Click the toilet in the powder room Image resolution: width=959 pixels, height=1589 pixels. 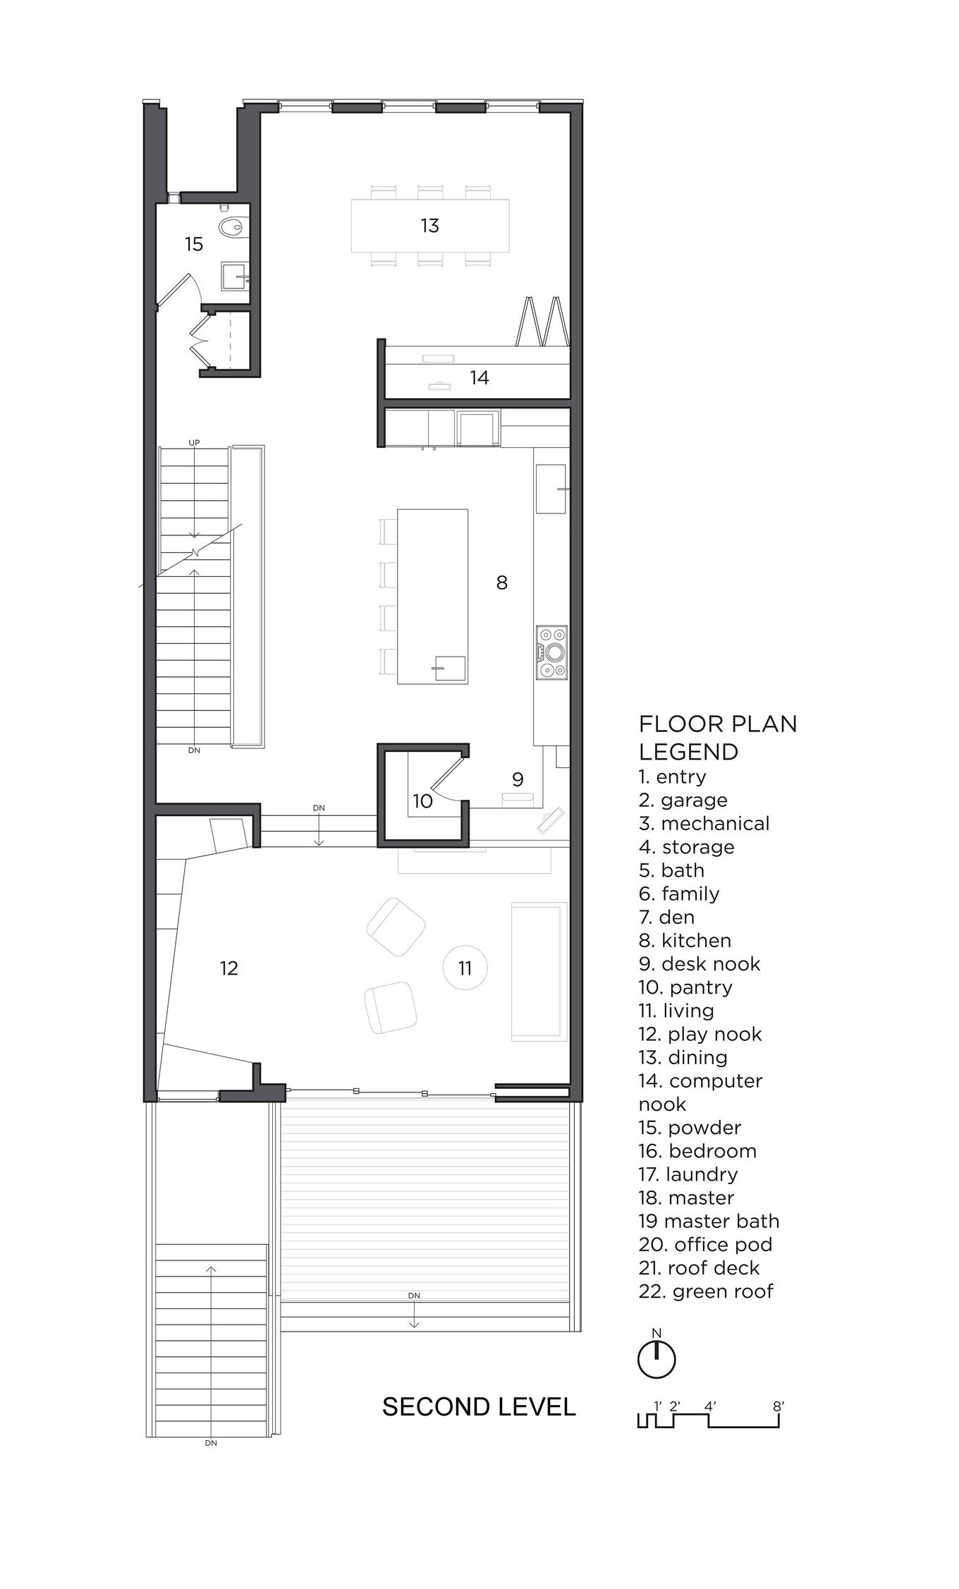pos(231,225)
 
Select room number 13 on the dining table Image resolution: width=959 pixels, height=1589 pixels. pos(429,226)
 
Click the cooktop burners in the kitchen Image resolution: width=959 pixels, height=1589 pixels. pos(551,652)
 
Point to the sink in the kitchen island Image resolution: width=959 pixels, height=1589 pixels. pos(450,668)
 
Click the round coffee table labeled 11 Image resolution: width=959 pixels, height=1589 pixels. pos(465,968)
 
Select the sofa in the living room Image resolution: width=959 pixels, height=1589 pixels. pos(539,971)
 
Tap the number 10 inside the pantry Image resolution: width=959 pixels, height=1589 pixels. pos(422,800)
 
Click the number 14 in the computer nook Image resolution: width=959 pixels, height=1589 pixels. pos(480,377)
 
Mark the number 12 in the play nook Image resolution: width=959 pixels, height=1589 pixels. pos(229,968)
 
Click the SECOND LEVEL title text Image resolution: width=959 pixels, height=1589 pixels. pos(479,1407)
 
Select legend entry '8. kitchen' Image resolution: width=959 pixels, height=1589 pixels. pos(685,940)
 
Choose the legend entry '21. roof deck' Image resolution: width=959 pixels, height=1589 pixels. pos(699,1267)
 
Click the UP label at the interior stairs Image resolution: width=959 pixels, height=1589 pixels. pos(194,442)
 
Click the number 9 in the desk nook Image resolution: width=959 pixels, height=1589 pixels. pos(518,779)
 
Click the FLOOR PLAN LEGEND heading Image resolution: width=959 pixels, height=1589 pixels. pos(718,738)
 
